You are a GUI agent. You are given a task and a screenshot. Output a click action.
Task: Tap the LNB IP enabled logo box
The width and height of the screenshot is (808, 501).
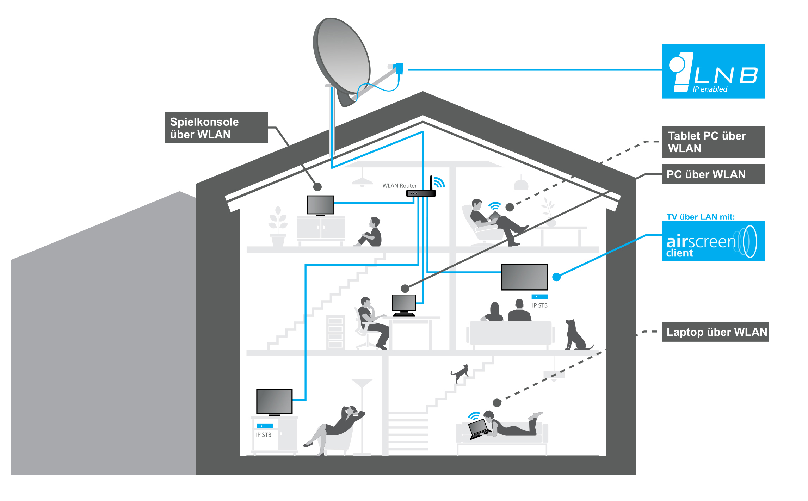pyautogui.click(x=713, y=71)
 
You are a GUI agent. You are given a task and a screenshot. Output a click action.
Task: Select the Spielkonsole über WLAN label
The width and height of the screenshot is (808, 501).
pyautogui.click(x=216, y=128)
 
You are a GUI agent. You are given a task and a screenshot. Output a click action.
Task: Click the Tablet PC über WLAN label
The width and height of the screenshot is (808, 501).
pyautogui.click(x=713, y=142)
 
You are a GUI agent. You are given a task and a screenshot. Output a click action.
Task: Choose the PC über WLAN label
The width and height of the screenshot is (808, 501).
pyautogui.click(x=713, y=174)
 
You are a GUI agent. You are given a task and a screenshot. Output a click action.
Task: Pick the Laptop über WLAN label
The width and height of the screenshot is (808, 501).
pyautogui.click(x=715, y=332)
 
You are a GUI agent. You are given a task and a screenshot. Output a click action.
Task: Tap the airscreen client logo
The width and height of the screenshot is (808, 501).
pyautogui.click(x=713, y=241)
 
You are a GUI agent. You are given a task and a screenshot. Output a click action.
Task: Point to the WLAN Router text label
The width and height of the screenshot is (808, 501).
pyautogui.click(x=399, y=186)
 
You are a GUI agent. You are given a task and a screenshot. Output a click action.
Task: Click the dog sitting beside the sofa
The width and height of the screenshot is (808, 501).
pyautogui.click(x=576, y=335)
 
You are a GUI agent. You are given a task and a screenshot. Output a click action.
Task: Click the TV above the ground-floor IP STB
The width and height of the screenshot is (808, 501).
pyautogui.click(x=274, y=402)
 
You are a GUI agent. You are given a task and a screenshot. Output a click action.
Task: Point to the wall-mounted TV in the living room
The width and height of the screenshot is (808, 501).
pyautogui.click(x=524, y=277)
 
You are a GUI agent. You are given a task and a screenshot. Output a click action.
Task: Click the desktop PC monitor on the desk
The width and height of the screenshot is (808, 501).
pyautogui.click(x=404, y=305)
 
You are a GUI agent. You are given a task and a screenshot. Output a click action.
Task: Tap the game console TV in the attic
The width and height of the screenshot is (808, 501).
pyautogui.click(x=320, y=205)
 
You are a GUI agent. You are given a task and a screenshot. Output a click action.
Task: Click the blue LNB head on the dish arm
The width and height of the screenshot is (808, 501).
pyautogui.click(x=399, y=68)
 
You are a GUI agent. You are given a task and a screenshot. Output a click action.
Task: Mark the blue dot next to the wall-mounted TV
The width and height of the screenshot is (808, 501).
pyautogui.click(x=556, y=277)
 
